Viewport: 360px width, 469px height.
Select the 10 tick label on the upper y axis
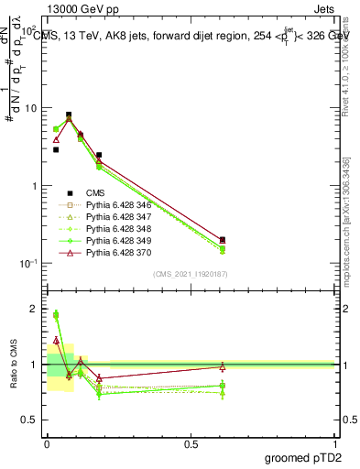(31, 108)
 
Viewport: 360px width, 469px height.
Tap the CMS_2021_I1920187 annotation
(191, 274)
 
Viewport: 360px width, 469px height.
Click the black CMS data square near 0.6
(223, 239)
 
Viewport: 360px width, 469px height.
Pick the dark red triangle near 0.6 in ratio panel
(223, 366)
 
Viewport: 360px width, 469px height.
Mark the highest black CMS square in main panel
(69, 115)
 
